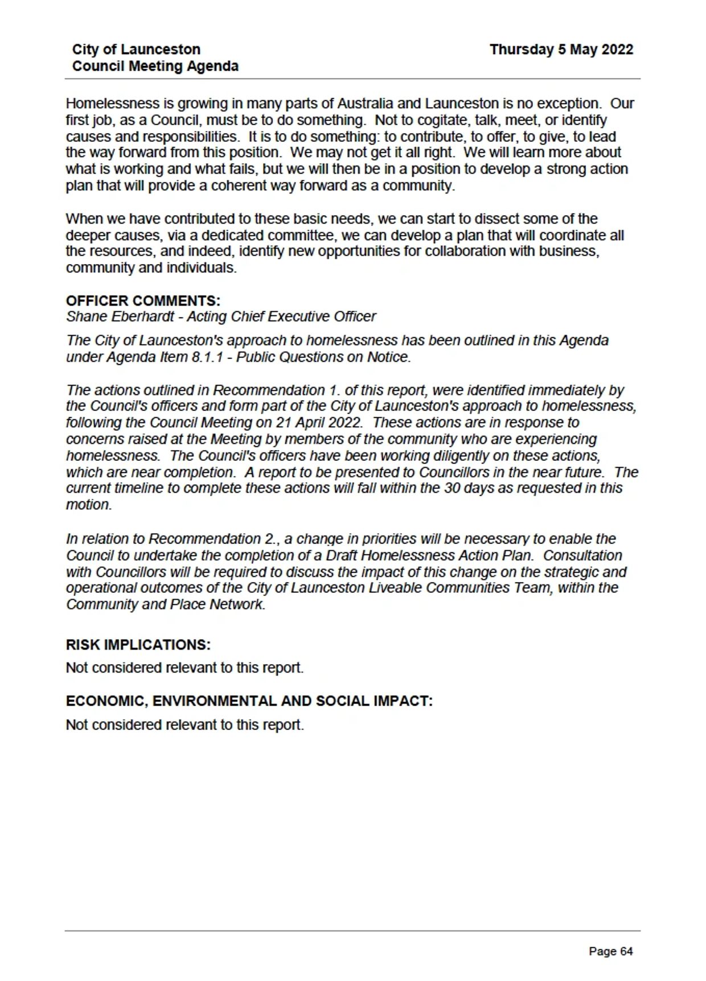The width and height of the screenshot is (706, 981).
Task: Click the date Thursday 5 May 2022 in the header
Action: pos(561,50)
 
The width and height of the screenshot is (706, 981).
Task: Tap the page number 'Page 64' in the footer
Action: pos(610,951)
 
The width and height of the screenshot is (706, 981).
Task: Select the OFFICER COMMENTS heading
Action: pos(143,300)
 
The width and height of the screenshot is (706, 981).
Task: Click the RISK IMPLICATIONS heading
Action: pos(138,645)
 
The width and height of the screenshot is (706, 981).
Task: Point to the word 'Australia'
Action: pos(365,104)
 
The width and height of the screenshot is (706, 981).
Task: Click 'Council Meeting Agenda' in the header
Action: pos(155,66)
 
